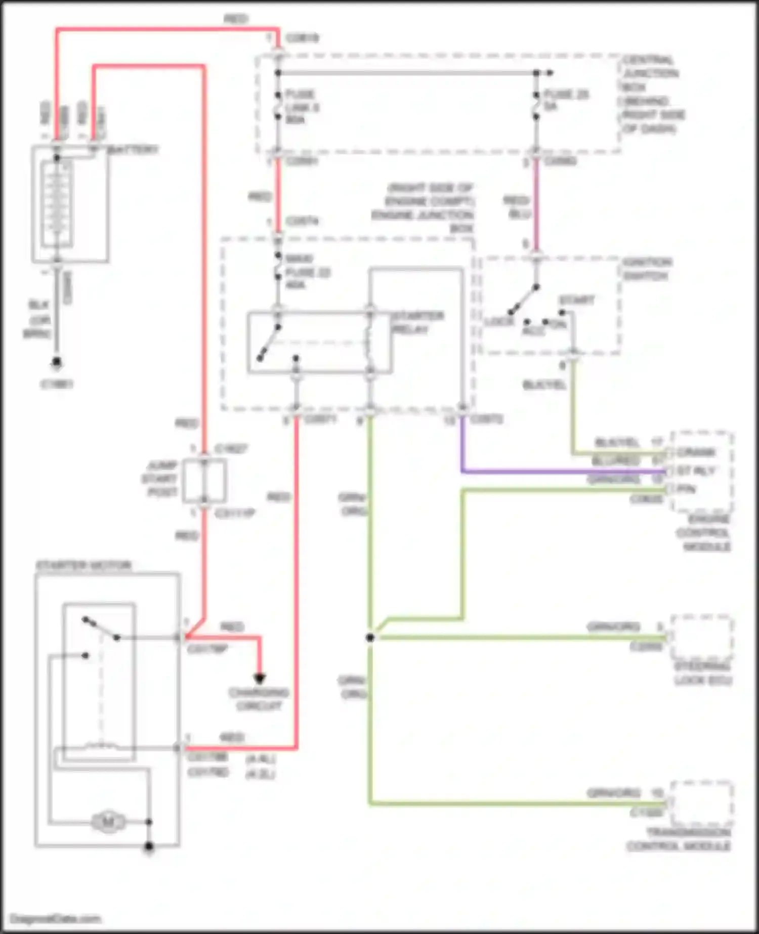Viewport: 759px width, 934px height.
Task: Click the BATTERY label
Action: point(133,150)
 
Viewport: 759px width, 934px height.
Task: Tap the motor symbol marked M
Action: point(108,822)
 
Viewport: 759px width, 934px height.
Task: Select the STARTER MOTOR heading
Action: point(83,565)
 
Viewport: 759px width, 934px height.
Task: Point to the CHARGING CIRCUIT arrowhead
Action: point(260,678)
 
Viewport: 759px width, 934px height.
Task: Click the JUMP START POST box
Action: point(204,481)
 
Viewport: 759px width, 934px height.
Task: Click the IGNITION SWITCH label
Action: point(647,269)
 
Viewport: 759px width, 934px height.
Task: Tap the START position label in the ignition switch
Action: point(577,300)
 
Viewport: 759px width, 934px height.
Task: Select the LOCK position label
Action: point(499,322)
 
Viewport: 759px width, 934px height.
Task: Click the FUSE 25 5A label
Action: point(565,100)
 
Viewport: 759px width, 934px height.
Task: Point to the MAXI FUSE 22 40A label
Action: point(307,272)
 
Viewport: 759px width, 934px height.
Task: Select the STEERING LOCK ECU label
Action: point(703,673)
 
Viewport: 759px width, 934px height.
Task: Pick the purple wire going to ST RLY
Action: point(557,472)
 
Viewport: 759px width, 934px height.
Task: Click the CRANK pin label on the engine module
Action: point(696,452)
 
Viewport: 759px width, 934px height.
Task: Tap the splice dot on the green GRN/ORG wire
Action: point(370,638)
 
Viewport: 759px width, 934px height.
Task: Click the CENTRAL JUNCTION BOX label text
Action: point(652,94)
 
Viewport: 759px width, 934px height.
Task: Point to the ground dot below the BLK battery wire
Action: point(57,362)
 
